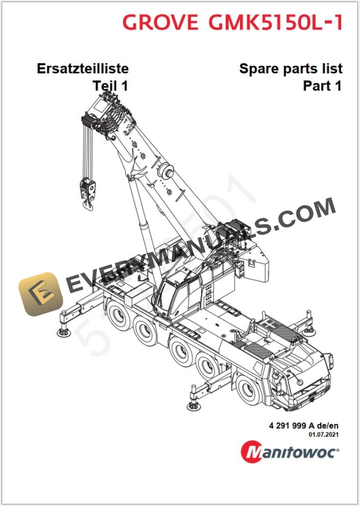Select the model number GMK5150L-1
[x=275, y=22]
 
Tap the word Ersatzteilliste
[x=83, y=69]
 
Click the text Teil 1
[x=111, y=86]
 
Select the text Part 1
[x=322, y=86]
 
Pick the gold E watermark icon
[x=40, y=292]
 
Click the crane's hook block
[x=88, y=193]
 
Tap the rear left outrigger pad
[x=62, y=332]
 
